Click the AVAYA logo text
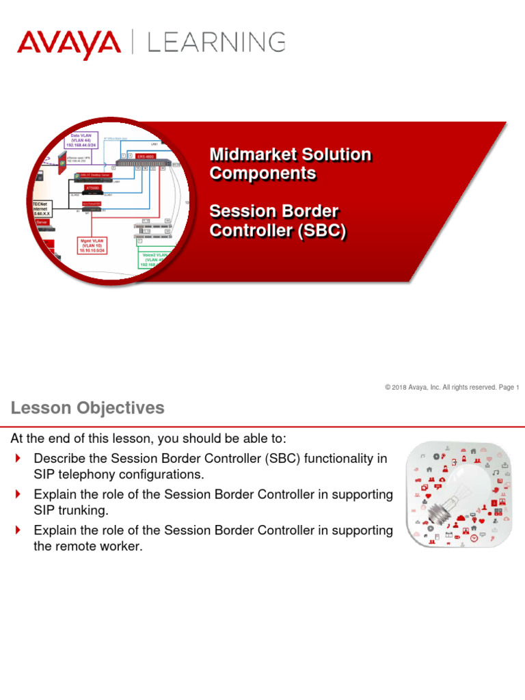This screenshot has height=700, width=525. click(x=68, y=44)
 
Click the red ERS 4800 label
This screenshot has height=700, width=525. click(x=146, y=157)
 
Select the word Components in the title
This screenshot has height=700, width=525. click(x=262, y=174)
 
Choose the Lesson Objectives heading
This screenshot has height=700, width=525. click(x=87, y=408)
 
